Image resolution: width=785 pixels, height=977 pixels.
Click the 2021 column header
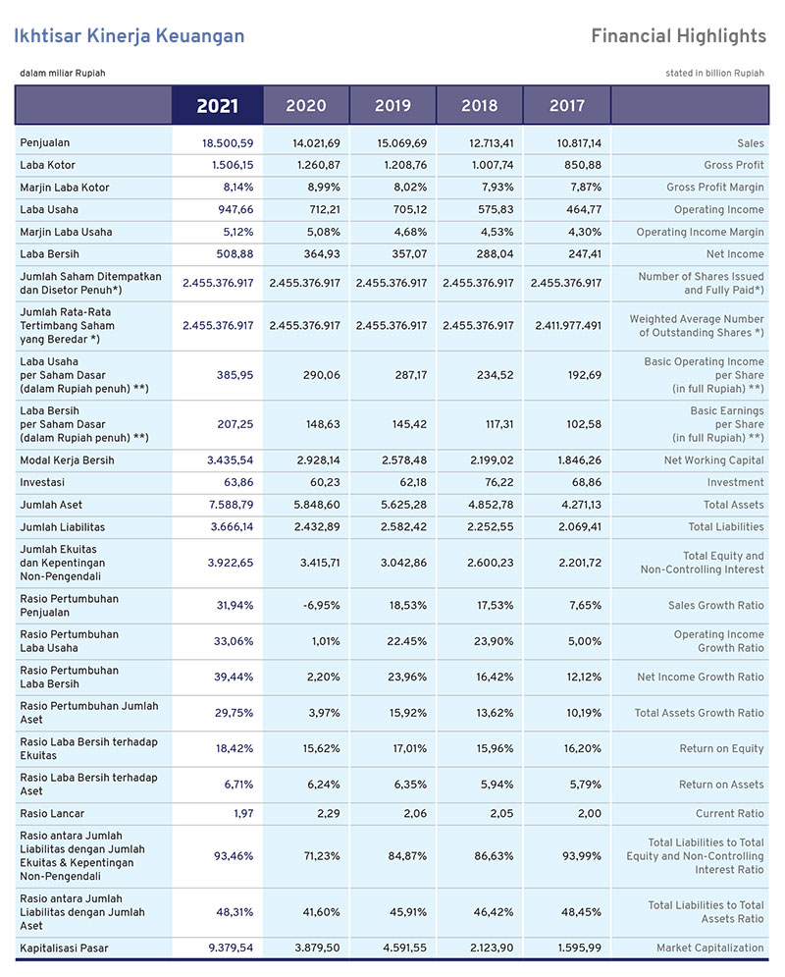[217, 106]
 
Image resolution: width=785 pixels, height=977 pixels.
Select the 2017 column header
[567, 106]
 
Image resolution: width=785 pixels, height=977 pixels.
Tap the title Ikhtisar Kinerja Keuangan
[130, 35]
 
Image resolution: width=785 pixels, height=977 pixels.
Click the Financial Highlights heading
[679, 35]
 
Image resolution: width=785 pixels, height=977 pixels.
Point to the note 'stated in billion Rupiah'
[714, 73]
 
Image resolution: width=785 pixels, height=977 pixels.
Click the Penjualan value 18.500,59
[228, 143]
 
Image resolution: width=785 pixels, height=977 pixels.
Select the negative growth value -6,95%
[321, 605]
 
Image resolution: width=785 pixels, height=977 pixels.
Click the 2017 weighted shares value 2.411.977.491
[568, 325]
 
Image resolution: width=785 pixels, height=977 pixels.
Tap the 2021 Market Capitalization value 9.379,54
[231, 948]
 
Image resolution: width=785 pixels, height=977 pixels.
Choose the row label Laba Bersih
[49, 254]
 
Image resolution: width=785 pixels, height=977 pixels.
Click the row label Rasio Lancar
[52, 813]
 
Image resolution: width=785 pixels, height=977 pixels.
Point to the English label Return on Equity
[721, 748]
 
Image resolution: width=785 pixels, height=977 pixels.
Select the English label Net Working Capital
[714, 461]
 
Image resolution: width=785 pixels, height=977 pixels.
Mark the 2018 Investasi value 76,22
[498, 482]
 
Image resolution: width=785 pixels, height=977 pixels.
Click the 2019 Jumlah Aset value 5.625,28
[404, 505]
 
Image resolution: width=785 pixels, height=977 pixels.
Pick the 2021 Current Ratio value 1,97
[243, 813]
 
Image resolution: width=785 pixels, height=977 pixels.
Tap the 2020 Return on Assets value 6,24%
[324, 785]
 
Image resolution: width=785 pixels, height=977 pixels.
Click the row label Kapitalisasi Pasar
[64, 949]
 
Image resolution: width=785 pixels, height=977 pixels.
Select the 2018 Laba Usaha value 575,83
[497, 210]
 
